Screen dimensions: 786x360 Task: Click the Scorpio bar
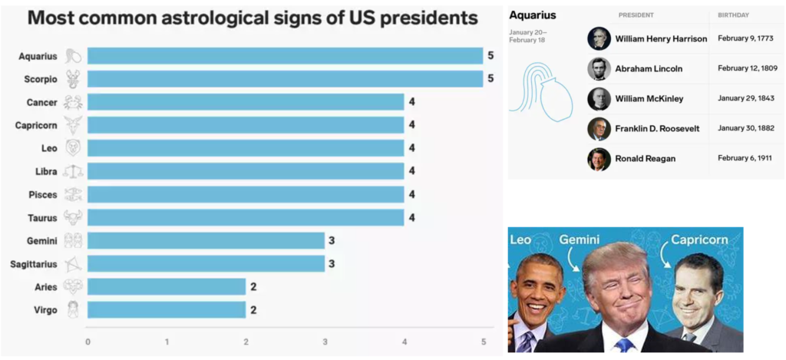click(x=286, y=79)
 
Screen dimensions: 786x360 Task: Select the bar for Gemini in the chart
click(x=206, y=241)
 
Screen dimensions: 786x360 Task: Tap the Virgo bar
click(x=167, y=310)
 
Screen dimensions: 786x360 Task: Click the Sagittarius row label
click(x=34, y=264)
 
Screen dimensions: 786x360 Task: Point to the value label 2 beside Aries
click(x=253, y=287)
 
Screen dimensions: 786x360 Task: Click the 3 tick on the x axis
click(x=325, y=342)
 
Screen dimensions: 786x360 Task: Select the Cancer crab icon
click(x=73, y=102)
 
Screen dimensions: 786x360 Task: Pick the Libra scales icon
click(x=73, y=171)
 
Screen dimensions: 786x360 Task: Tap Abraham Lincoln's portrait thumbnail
click(x=599, y=68)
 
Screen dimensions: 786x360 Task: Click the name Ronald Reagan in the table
click(x=645, y=158)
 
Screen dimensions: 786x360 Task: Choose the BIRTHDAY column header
click(x=733, y=15)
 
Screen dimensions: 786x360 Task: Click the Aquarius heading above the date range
click(x=533, y=15)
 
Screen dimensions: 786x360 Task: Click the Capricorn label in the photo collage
click(x=699, y=239)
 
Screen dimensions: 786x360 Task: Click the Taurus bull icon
click(x=73, y=217)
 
